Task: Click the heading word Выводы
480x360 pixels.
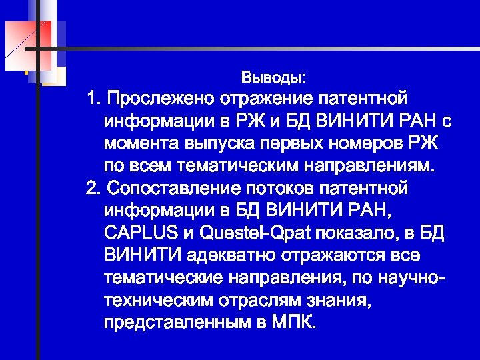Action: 273,78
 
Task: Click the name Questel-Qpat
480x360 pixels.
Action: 243,233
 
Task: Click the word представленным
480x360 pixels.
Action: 175,323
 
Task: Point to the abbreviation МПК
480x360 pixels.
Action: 295,323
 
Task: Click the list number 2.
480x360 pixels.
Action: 92,189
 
